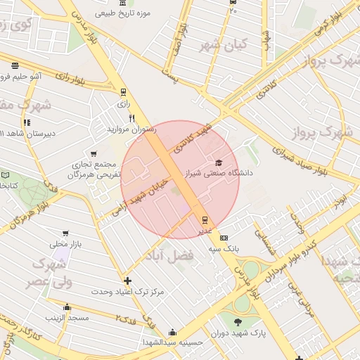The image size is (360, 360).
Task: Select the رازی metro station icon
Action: pyautogui.click(x=124, y=91)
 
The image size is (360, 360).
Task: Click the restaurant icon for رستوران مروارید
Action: pyautogui.click(x=131, y=118)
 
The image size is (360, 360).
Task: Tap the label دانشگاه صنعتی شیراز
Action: pyautogui.click(x=219, y=172)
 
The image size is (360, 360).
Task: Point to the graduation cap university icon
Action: pyautogui.click(x=219, y=162)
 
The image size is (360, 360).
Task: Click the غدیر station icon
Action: pyautogui.click(x=205, y=219)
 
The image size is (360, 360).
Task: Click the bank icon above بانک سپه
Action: pyautogui.click(x=224, y=238)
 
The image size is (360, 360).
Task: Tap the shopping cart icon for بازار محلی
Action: pyautogui.click(x=65, y=233)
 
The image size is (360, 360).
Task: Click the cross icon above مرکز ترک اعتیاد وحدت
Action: pyautogui.click(x=127, y=281)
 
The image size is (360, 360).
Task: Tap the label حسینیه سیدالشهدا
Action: pyautogui.click(x=178, y=342)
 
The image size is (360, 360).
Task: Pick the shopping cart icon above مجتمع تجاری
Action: pyautogui.click(x=94, y=153)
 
